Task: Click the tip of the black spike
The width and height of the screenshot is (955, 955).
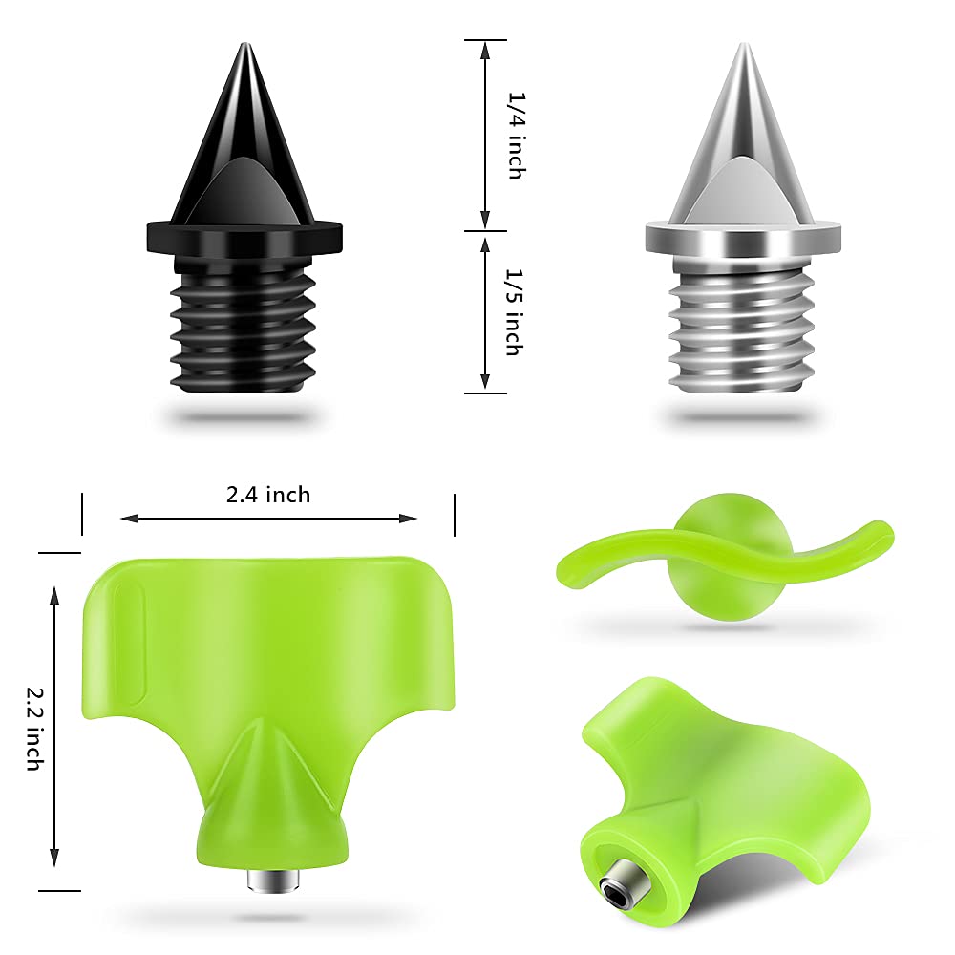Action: (244, 45)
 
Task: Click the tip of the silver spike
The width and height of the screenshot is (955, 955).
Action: (743, 45)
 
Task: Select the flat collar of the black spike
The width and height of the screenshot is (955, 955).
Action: (244, 238)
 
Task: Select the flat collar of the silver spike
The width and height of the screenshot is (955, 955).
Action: (743, 238)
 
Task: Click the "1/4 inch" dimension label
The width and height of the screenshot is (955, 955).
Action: (517, 136)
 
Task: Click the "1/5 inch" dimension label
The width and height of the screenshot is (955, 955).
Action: (516, 312)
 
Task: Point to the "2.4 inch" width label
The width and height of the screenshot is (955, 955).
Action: (268, 495)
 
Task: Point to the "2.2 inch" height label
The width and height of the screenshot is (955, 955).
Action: (36, 729)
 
